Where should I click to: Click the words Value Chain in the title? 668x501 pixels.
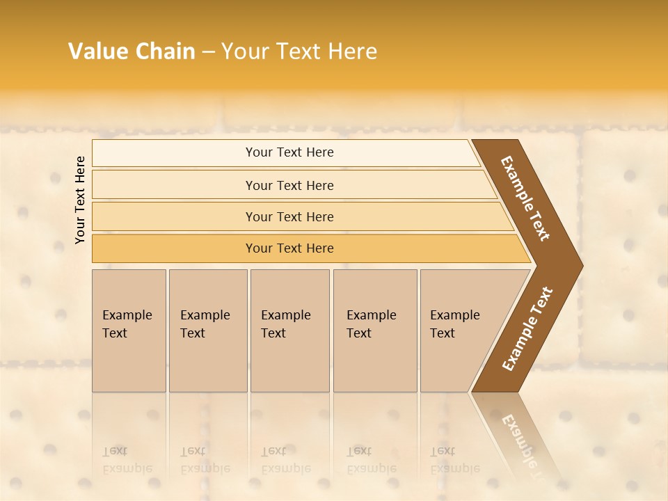click(x=132, y=51)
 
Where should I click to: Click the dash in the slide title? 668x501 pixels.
click(x=208, y=52)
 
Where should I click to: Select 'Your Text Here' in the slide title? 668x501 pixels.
click(x=299, y=51)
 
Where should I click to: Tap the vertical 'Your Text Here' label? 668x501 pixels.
click(x=80, y=200)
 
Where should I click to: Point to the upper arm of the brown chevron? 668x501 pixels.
click(x=525, y=198)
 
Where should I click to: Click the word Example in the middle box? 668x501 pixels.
click(x=285, y=315)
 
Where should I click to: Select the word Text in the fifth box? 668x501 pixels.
click(x=442, y=333)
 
